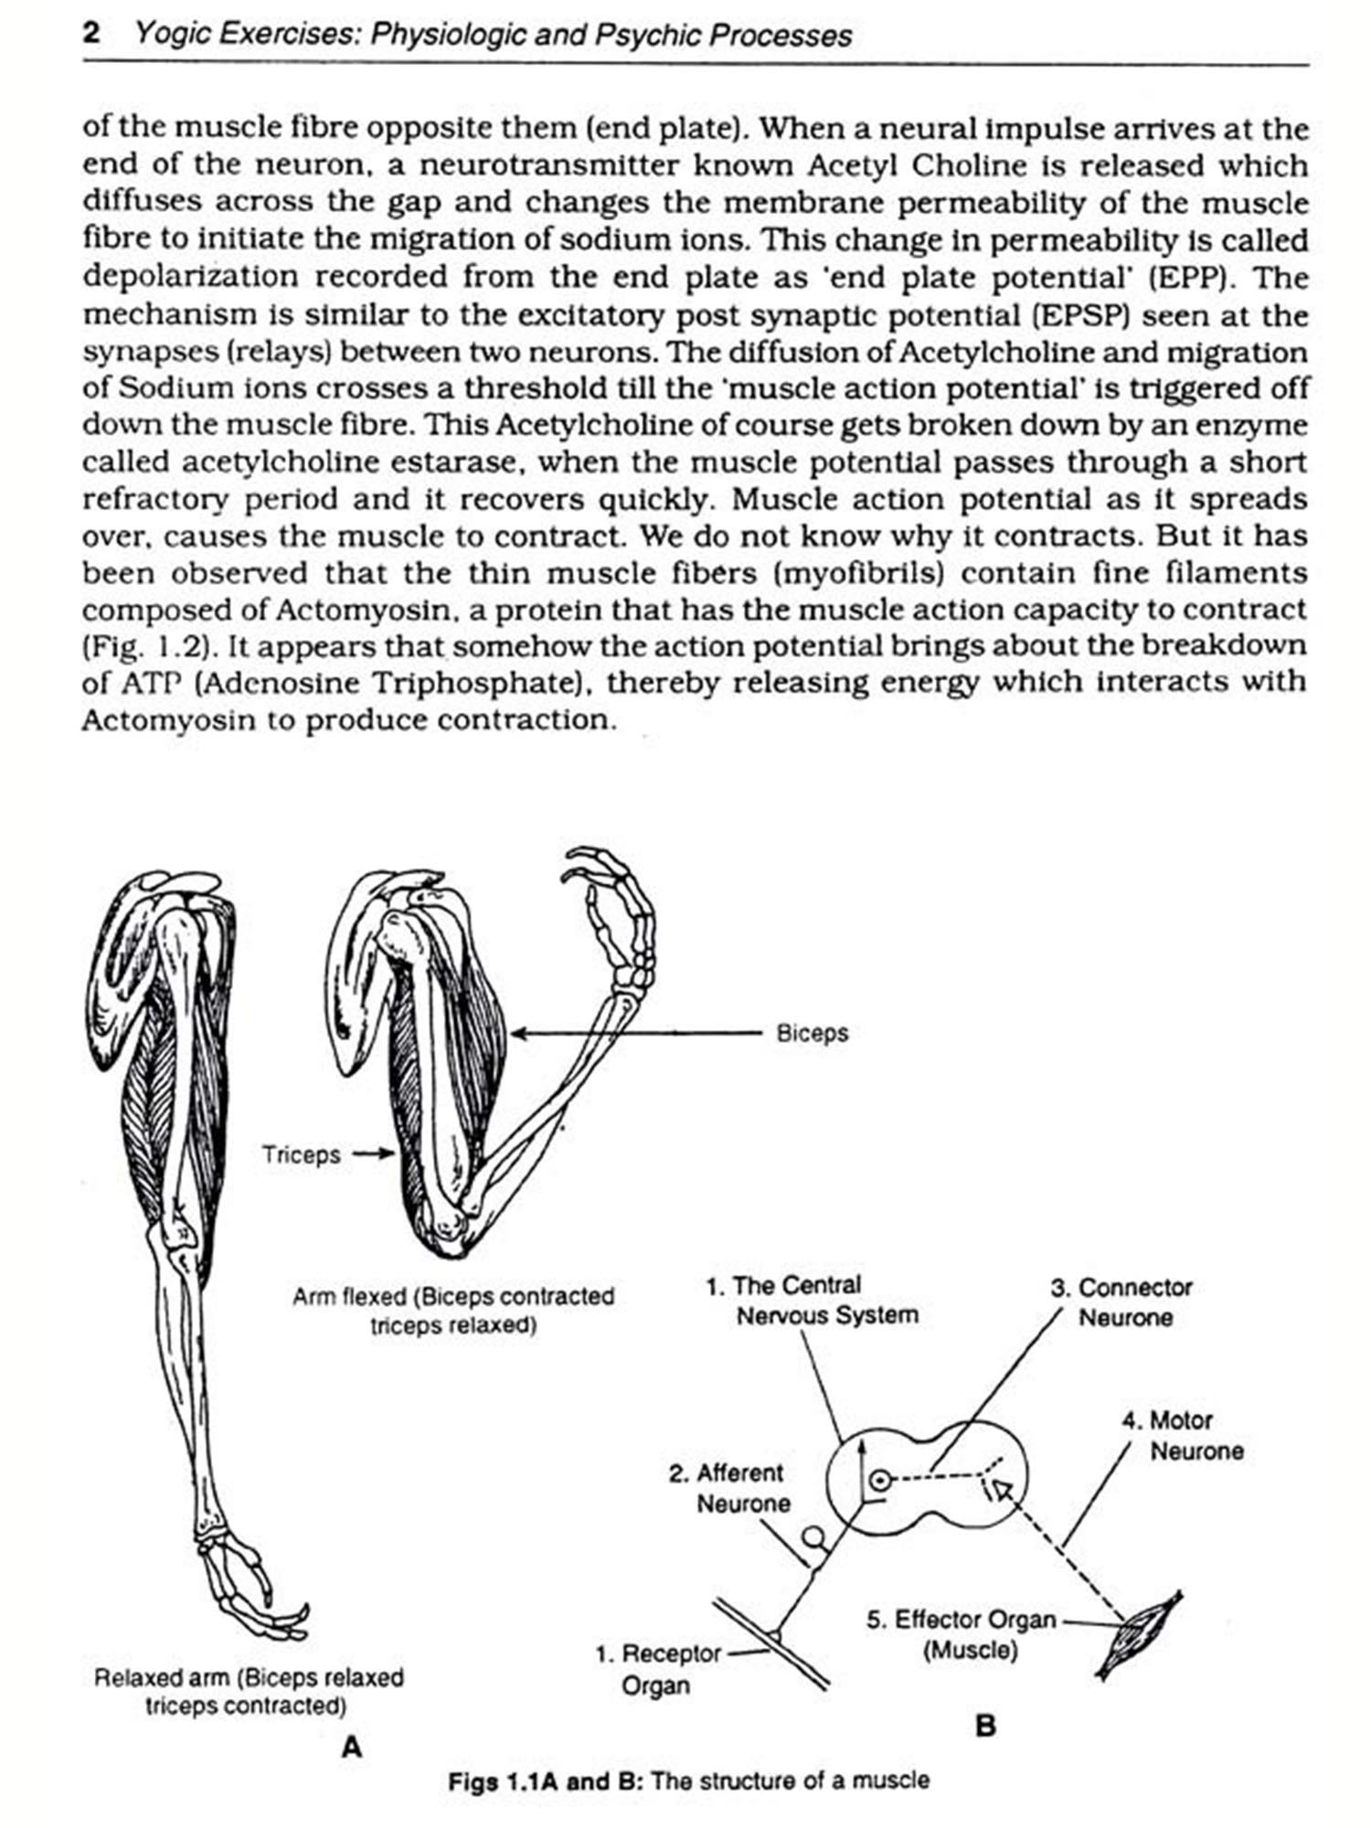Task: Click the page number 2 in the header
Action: tap(91, 35)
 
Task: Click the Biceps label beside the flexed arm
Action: tap(812, 1034)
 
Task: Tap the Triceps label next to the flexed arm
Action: tap(301, 1154)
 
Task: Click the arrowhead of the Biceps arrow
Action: tap(518, 1034)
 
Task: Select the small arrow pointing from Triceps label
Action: tap(375, 1154)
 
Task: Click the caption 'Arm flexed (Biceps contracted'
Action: tap(453, 1297)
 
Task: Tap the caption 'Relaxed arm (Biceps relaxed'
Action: tap(249, 1678)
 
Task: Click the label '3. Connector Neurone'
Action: tap(1121, 1302)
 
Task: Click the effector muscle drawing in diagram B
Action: tap(1138, 1636)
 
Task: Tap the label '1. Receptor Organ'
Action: tap(657, 1669)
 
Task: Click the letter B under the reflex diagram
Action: tap(985, 1727)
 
